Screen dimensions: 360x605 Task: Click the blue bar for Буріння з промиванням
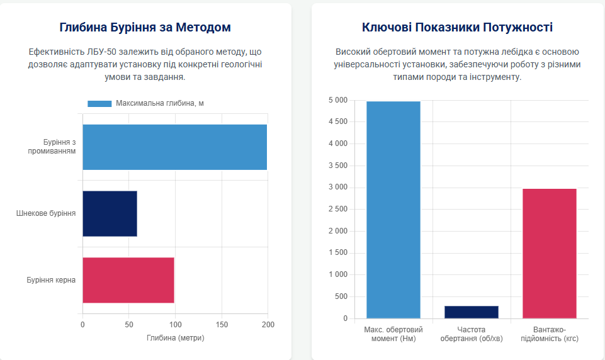174,147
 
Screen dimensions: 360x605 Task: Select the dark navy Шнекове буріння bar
110,213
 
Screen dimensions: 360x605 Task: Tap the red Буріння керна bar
128,280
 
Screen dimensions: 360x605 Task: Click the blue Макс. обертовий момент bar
393,210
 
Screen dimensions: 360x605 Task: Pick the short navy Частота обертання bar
472,312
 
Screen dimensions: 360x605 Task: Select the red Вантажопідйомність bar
550,253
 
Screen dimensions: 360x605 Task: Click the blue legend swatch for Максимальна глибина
99,103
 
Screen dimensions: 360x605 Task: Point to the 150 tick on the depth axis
222,325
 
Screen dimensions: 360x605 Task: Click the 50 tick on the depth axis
128,325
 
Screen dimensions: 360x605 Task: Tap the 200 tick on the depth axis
268,325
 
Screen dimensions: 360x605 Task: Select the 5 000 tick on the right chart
338,100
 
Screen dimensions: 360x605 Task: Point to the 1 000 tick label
338,275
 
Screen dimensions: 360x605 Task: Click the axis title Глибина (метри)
176,338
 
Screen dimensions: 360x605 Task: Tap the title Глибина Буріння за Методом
145,28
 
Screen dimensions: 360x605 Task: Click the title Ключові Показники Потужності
458,28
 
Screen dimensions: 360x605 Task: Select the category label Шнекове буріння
46,213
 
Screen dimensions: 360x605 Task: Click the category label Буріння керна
51,280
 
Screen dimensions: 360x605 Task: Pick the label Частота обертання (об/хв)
472,334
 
